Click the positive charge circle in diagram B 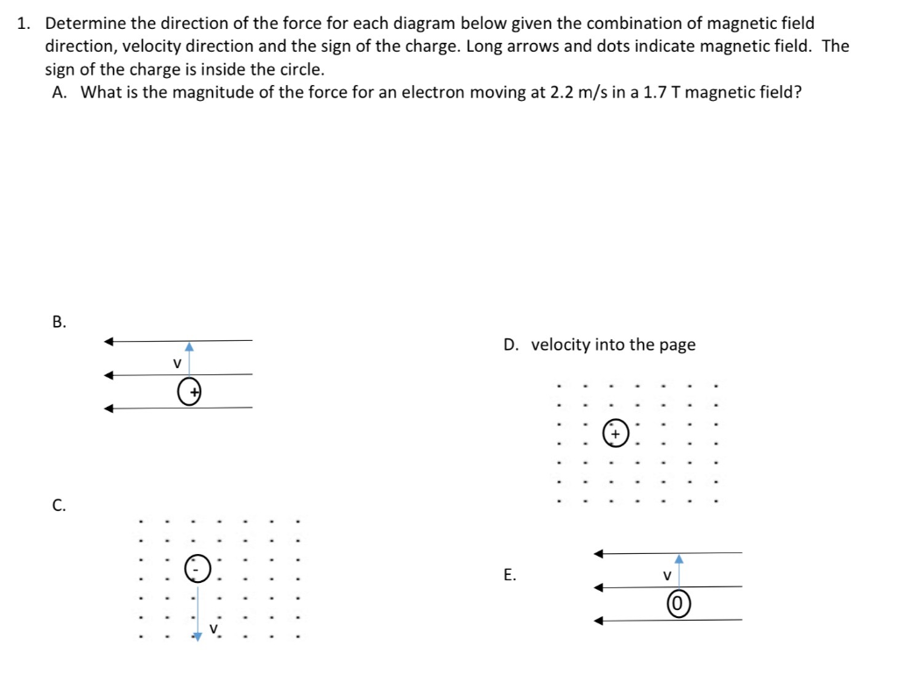[189, 392]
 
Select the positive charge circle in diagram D [617, 433]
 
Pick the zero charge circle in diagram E [679, 604]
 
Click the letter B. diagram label [59, 322]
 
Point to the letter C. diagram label [59, 505]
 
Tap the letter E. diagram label [510, 576]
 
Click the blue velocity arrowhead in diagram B [189, 347]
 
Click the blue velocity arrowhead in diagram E [679, 559]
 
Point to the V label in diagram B [176, 363]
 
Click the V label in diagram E [666, 576]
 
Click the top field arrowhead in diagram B [109, 341]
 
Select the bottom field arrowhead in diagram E [599, 621]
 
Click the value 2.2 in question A [562, 92]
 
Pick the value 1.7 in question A [655, 92]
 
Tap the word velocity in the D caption [561, 345]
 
